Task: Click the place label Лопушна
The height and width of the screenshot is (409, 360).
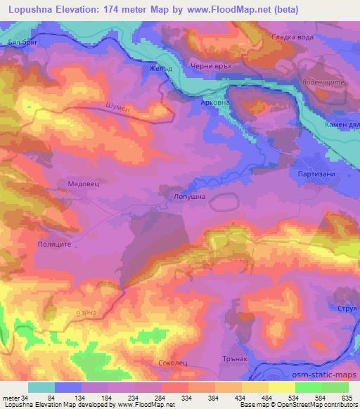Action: pyautogui.click(x=189, y=197)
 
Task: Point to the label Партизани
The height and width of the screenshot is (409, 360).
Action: pyautogui.click(x=314, y=174)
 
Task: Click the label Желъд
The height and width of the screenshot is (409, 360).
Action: pyautogui.click(x=160, y=69)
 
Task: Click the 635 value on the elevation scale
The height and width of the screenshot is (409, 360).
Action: pyautogui.click(x=345, y=398)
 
